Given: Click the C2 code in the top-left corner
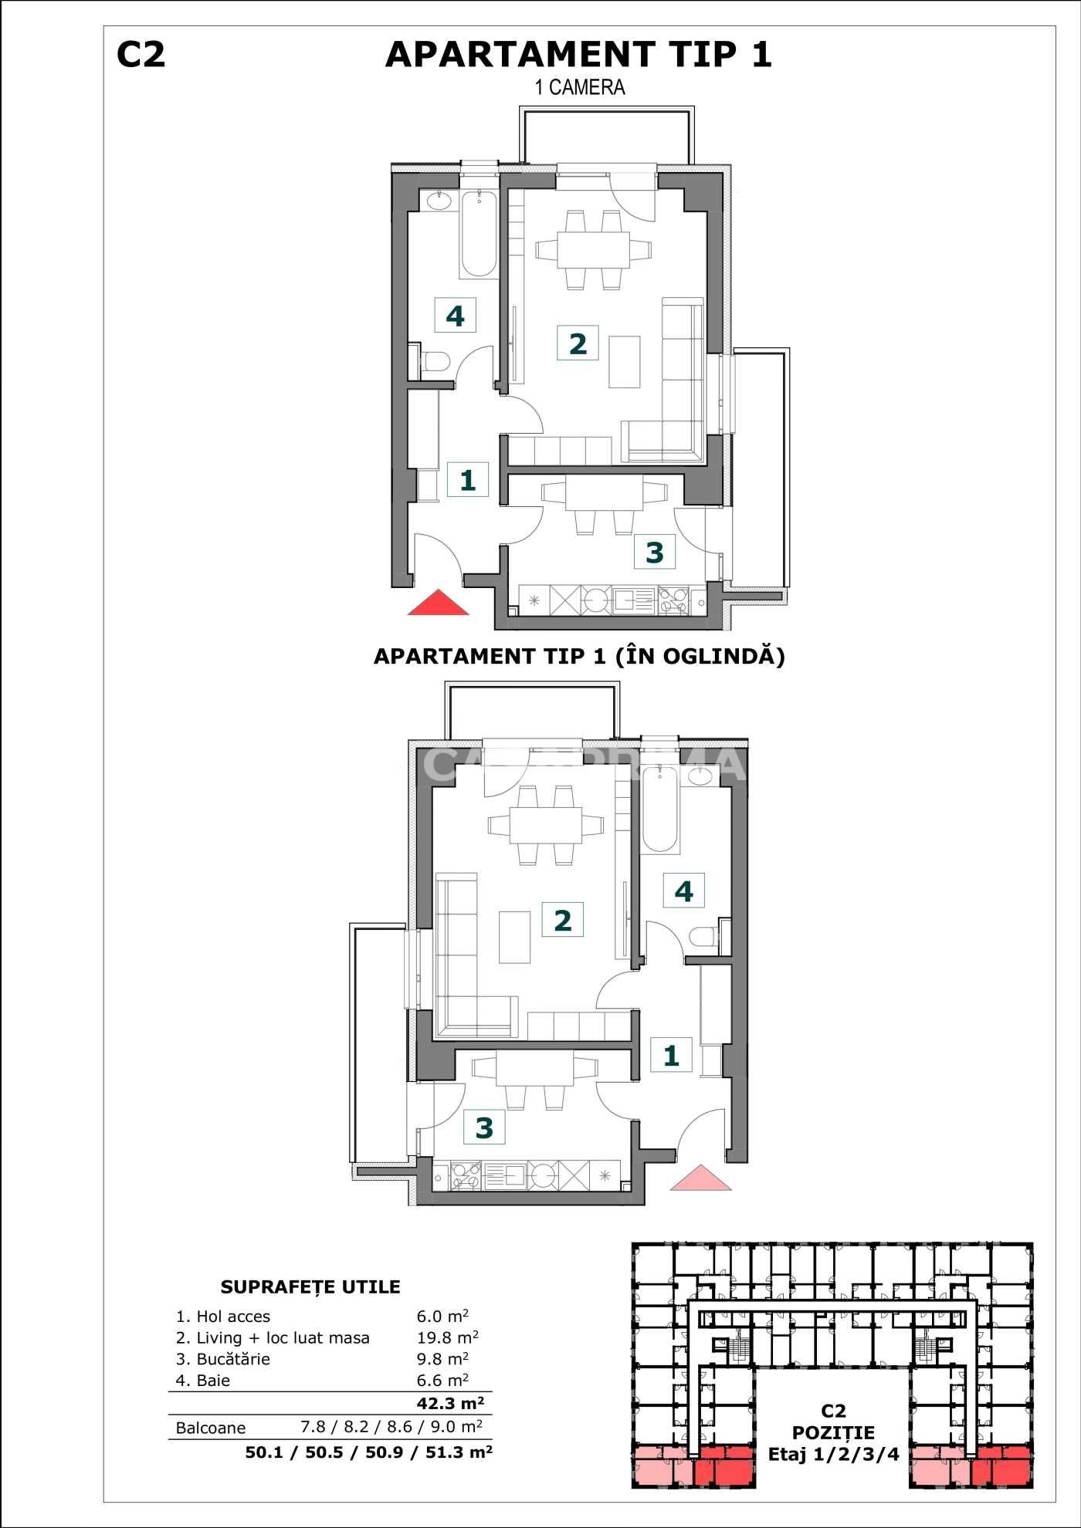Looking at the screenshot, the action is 141,55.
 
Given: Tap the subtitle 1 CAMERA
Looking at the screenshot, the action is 580,87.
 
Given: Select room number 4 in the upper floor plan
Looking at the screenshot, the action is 455,315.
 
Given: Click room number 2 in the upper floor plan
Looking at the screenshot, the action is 578,343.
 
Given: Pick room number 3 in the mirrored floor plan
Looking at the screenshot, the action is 484,1127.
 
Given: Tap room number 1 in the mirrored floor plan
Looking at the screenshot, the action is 671,1055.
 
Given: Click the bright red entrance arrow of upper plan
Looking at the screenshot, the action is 438,603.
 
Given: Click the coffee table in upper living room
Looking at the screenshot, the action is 624,361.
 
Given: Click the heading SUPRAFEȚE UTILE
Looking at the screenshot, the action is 310,1286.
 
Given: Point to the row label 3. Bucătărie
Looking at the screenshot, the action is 223,1359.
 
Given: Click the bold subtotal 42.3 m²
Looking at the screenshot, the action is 450,1403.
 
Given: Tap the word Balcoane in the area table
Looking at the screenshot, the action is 211,1428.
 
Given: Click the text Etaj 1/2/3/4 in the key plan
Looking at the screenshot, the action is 833,1455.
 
